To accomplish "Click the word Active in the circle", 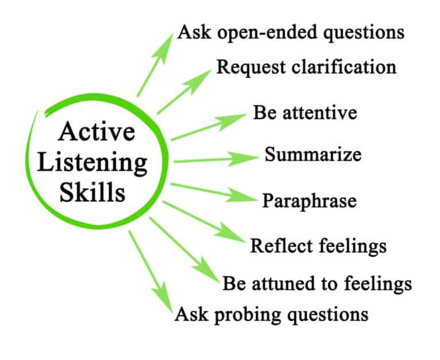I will tap(97, 132).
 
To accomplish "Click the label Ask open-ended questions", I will tap(290, 32).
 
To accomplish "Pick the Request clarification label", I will tap(306, 66).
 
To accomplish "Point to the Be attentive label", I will tap(305, 112).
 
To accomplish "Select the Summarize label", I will tap(312, 155).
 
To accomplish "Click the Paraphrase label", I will tap(309, 201).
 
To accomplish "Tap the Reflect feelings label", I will tap(319, 246).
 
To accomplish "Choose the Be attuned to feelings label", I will tap(317, 283).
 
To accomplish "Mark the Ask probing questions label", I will tap(270, 314).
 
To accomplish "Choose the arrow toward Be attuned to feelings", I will tap(184, 247).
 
